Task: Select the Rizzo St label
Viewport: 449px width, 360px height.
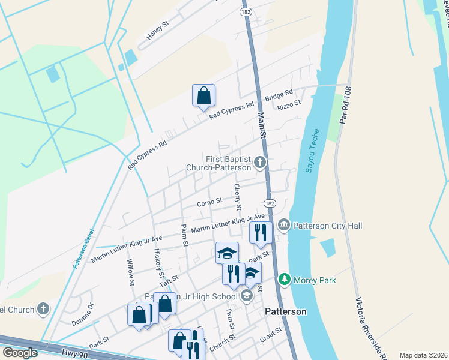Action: coord(288,107)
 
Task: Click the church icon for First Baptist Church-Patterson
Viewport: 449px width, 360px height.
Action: coord(259,162)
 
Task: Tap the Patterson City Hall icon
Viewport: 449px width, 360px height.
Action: coord(283,226)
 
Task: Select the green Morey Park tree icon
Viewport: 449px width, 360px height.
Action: coord(284,280)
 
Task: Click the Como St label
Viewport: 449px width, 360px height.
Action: coord(209,203)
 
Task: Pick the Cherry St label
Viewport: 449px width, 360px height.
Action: coord(238,197)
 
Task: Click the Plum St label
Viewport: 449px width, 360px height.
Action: coord(185,235)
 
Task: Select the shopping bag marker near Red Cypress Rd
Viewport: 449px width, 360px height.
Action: coord(203,95)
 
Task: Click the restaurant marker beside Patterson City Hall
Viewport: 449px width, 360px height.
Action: coord(261,232)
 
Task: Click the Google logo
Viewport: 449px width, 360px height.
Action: coord(20,353)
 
